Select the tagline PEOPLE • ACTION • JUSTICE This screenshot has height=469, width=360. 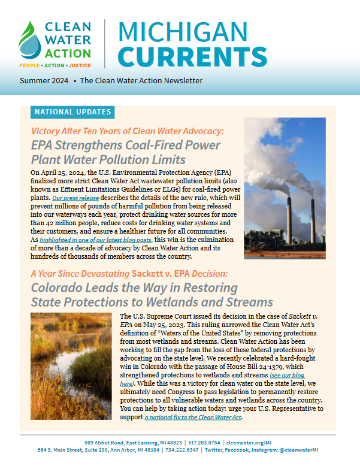[x=55, y=63]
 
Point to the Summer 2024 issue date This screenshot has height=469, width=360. [x=43, y=81]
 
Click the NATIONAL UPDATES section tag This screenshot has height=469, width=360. [x=72, y=112]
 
